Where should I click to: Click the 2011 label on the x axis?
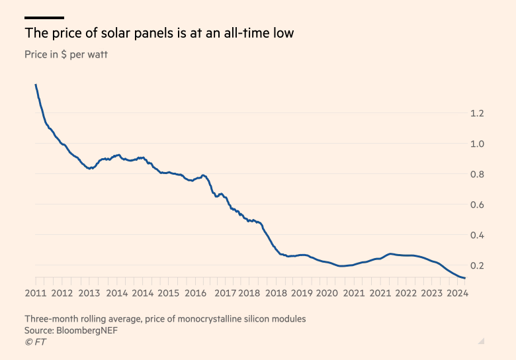[x=36, y=293]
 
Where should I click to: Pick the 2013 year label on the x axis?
[x=89, y=293]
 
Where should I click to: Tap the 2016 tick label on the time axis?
[x=196, y=293]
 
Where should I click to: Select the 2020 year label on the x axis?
[x=327, y=293]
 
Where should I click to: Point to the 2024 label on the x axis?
[x=457, y=293]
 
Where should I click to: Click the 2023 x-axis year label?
[x=431, y=293]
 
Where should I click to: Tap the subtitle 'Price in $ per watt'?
[x=66, y=54]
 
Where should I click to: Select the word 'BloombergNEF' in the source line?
[x=89, y=330]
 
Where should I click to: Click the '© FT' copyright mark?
[x=36, y=341]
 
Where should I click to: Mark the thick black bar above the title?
[x=44, y=18]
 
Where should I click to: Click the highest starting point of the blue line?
[x=35, y=85]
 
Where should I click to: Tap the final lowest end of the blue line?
[x=465, y=278]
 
